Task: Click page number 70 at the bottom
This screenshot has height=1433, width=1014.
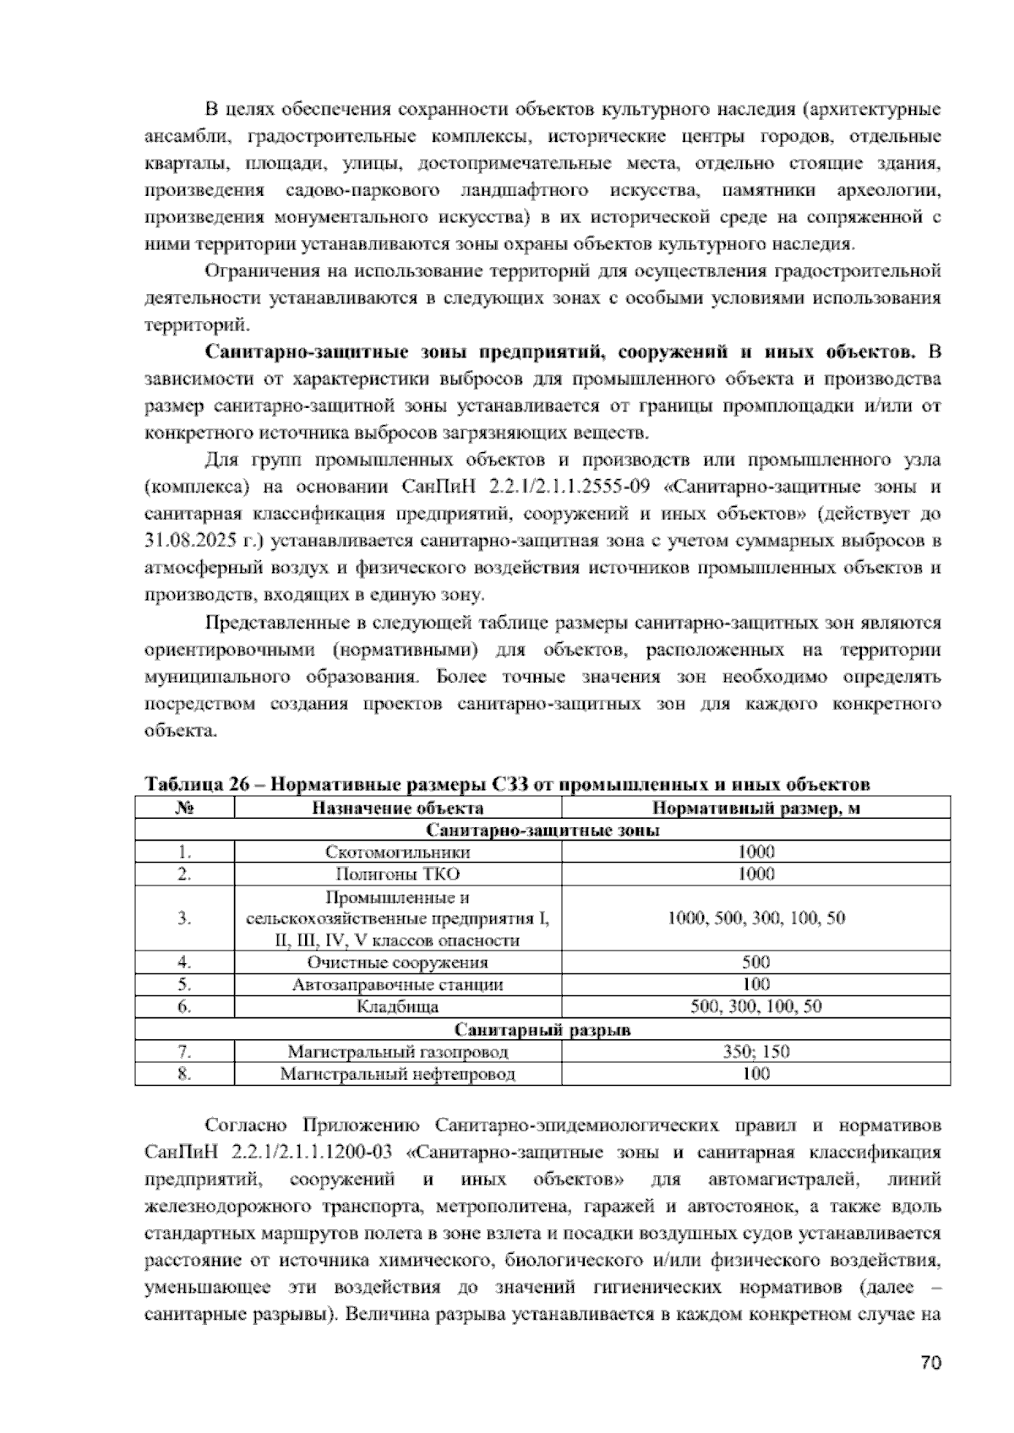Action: (930, 1363)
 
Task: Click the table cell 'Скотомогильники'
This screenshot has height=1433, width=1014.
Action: (397, 852)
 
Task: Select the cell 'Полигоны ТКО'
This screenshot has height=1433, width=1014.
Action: (397, 874)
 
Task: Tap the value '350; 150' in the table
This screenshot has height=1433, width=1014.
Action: (755, 1052)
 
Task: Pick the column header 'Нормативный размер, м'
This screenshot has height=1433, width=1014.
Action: (755, 808)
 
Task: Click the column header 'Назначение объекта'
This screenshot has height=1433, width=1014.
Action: (397, 808)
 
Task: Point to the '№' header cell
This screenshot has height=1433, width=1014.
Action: (184, 808)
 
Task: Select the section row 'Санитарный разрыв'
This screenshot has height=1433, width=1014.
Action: (542, 1030)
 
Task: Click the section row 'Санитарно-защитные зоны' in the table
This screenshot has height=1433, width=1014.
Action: (542, 830)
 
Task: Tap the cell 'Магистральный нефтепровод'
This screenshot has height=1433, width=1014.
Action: (397, 1074)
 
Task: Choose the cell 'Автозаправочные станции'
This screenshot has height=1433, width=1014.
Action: (397, 984)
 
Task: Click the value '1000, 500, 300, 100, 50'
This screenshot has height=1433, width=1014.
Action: (755, 918)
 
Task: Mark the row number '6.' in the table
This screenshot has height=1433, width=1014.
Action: (184, 1007)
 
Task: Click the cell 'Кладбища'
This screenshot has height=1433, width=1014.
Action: (397, 1007)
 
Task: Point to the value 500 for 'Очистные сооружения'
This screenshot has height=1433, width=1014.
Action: (755, 962)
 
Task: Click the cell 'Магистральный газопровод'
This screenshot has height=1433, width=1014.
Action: (397, 1052)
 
